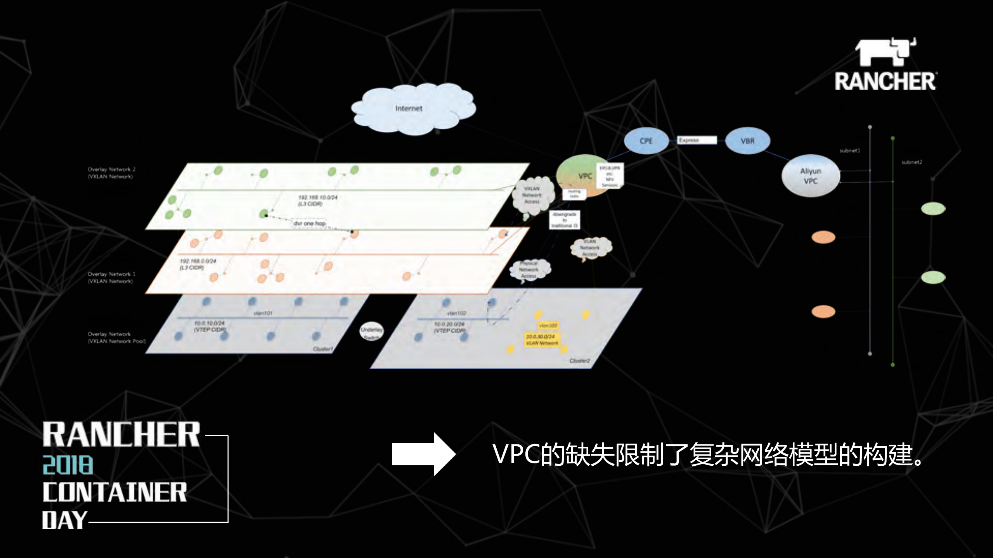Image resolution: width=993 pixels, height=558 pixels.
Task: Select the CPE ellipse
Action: (x=646, y=141)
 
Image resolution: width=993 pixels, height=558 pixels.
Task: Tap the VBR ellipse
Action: (x=747, y=141)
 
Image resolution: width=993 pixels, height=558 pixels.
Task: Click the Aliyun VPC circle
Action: (x=810, y=176)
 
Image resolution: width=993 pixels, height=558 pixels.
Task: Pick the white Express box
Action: (x=697, y=140)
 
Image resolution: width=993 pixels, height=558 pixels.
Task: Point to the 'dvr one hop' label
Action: (x=309, y=223)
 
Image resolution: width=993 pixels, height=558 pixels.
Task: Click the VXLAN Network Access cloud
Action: (x=532, y=196)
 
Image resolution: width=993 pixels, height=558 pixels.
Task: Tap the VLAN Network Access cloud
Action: (x=590, y=248)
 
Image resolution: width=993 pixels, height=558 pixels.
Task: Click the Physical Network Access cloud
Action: (x=529, y=269)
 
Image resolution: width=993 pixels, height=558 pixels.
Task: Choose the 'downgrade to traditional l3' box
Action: (x=565, y=220)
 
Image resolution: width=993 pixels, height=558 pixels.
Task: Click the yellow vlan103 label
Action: (x=548, y=326)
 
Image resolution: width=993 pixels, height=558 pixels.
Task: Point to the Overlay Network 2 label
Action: (x=111, y=173)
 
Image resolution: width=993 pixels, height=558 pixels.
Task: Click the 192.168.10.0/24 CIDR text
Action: (x=317, y=200)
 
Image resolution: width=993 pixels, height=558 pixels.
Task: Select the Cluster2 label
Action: (x=579, y=361)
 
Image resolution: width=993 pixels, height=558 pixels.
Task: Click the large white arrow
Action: (x=423, y=454)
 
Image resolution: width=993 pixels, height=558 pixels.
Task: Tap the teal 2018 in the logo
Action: (x=68, y=465)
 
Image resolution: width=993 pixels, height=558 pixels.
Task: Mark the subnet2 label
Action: (x=912, y=162)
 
